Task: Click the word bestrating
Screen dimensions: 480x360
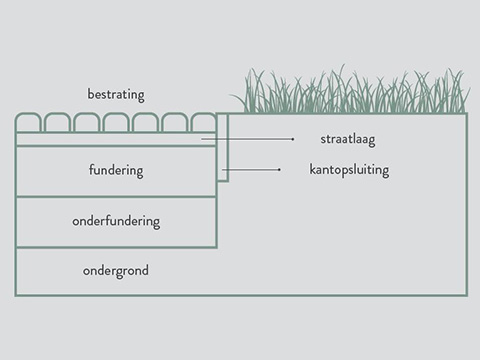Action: (116, 95)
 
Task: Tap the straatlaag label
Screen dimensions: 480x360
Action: (348, 139)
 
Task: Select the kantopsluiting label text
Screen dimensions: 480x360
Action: (349, 170)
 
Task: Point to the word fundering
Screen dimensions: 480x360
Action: (116, 170)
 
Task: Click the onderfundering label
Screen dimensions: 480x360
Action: (116, 221)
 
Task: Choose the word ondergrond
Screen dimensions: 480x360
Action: (116, 271)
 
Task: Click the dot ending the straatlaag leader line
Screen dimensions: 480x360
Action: (293, 139)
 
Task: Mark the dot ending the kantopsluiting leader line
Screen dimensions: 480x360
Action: (279, 170)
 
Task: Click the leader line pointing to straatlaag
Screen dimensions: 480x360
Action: (247, 139)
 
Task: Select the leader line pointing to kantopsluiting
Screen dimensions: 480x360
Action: (251, 170)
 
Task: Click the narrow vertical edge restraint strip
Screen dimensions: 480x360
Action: (223, 147)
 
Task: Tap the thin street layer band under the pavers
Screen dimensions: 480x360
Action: (116, 139)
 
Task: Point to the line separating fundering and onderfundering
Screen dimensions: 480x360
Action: (116, 197)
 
